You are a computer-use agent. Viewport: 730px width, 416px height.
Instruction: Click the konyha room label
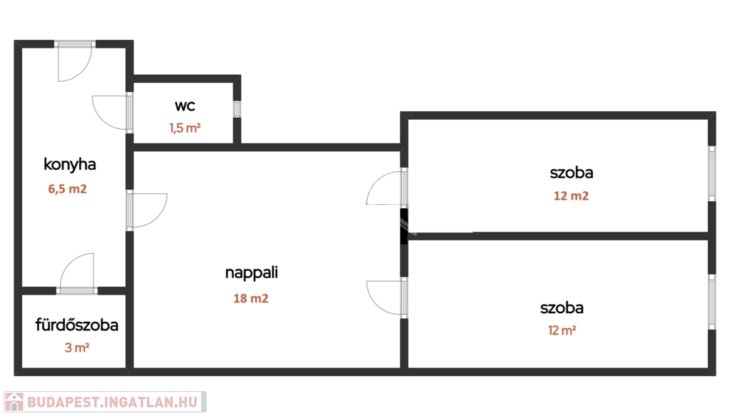(70, 164)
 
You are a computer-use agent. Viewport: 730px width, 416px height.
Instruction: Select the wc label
(185, 106)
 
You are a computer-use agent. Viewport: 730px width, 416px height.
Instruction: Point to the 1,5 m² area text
(185, 128)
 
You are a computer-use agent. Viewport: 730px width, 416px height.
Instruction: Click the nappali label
(251, 272)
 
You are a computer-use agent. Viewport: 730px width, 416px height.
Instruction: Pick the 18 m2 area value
(251, 299)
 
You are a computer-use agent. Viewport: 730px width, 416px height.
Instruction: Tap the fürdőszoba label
(77, 325)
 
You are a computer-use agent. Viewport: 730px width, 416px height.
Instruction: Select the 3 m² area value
(77, 348)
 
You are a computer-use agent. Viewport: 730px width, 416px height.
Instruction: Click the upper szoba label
(571, 172)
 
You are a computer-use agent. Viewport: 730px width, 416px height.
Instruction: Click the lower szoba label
(562, 308)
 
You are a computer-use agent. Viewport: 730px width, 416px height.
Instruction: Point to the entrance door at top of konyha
(76, 61)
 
